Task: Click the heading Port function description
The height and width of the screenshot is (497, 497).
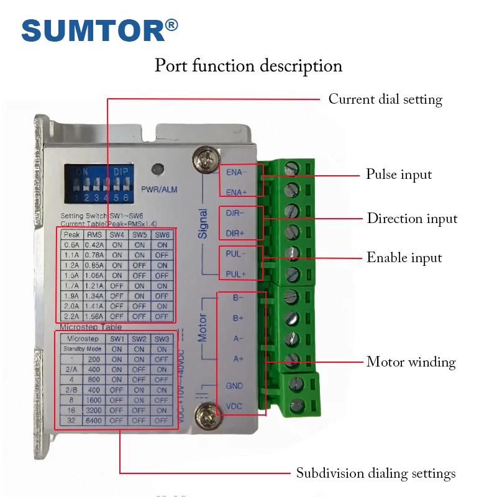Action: [x=248, y=65]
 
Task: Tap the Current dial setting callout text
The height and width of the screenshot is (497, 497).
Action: [x=385, y=99]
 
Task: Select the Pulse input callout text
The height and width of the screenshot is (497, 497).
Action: [x=399, y=175]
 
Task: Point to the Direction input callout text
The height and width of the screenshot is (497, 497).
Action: [x=412, y=219]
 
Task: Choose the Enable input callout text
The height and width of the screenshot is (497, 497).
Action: [x=404, y=258]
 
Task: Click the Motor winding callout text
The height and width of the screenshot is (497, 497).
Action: [x=411, y=362]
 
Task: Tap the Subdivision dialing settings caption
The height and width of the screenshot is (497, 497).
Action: [x=376, y=473]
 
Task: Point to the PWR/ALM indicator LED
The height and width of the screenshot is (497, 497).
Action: [x=159, y=169]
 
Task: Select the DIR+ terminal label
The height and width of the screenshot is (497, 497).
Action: [x=235, y=233]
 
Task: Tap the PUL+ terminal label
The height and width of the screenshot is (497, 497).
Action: [x=235, y=274]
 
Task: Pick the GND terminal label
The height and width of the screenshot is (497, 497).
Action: [x=234, y=386]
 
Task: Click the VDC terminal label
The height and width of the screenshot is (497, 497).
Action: [x=234, y=406]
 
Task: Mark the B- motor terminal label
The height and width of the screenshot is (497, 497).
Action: [x=238, y=298]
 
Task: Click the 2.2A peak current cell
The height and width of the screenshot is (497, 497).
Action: [x=72, y=316]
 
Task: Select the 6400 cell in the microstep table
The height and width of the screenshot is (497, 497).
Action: [x=94, y=421]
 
